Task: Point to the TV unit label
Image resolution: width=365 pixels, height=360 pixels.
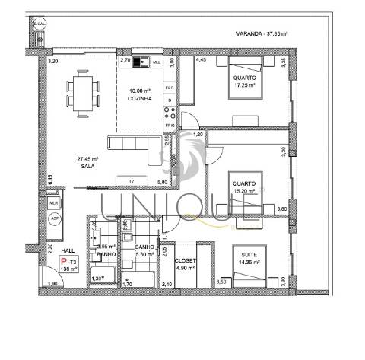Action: pyautogui.click(x=132, y=181)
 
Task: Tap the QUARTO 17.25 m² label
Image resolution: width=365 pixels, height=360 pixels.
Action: pyautogui.click(x=245, y=82)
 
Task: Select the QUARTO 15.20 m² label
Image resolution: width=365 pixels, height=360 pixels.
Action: pyautogui.click(x=244, y=186)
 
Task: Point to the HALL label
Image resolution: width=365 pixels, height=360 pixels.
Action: pyautogui.click(x=68, y=250)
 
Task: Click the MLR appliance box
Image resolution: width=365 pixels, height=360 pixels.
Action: pyautogui.click(x=54, y=203)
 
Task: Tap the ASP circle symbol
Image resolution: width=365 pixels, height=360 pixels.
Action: pyautogui.click(x=54, y=218)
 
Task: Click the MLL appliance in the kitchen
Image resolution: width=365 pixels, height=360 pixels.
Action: pyautogui.click(x=157, y=61)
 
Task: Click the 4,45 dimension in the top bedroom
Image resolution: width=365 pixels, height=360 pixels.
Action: pyautogui.click(x=202, y=59)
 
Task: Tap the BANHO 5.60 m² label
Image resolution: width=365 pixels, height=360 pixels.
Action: pyautogui.click(x=145, y=253)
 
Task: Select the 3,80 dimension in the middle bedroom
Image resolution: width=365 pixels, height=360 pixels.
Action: pyautogui.click(x=282, y=209)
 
